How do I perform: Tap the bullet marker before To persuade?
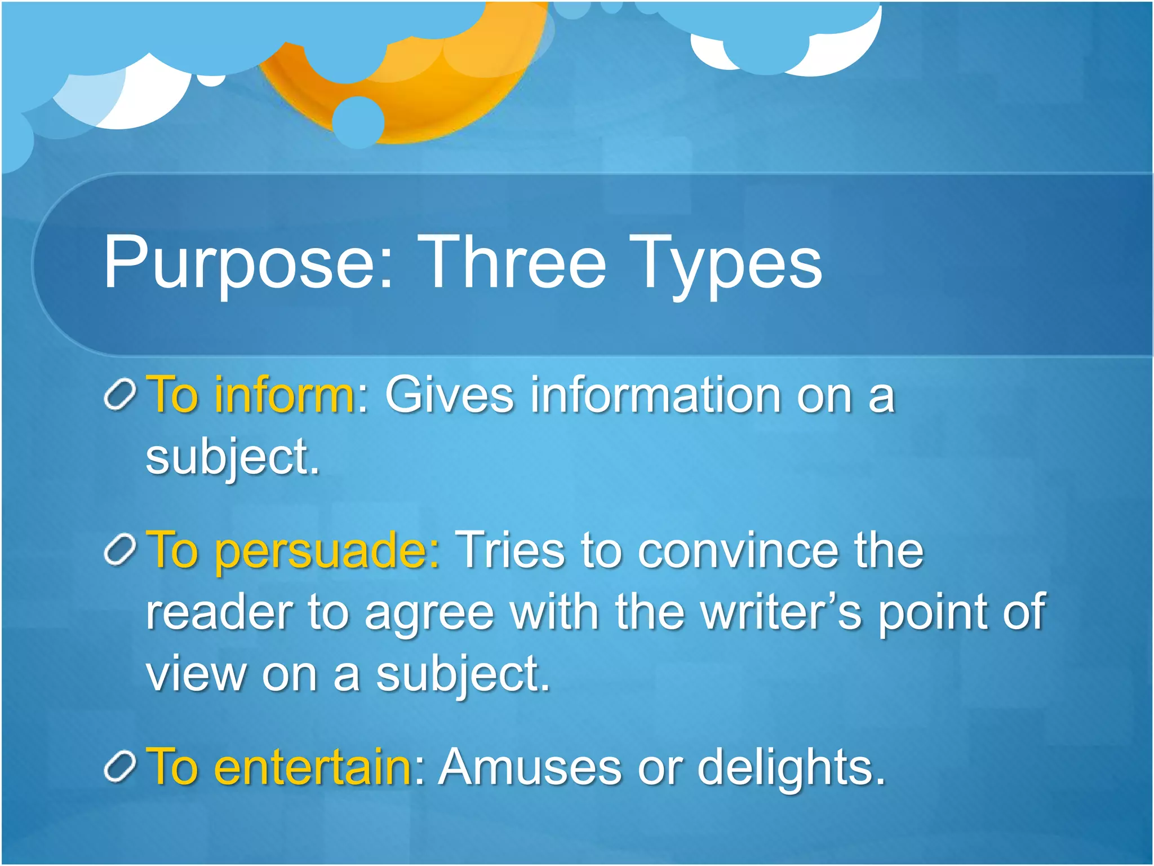tap(120, 549)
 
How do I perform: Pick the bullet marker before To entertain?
tap(120, 767)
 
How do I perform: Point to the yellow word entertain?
tap(313, 767)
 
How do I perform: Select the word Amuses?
tap(530, 767)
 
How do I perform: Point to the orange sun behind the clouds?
tap(428, 96)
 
